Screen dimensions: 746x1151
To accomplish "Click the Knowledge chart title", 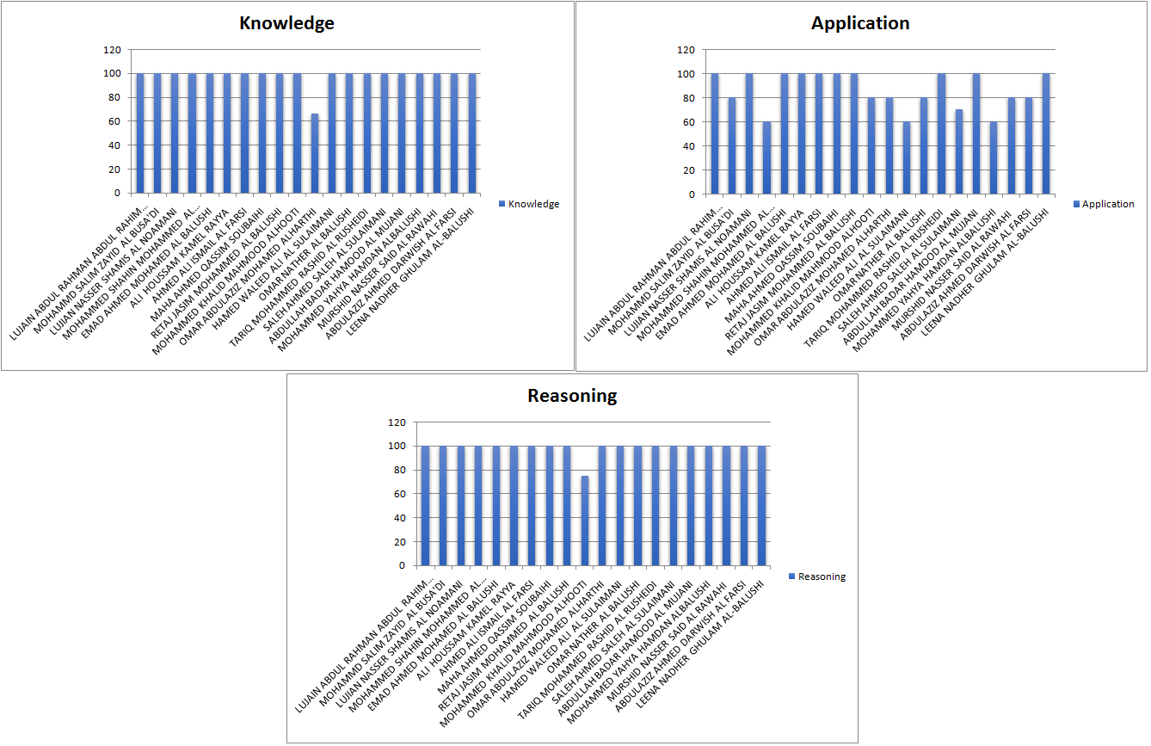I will pyautogui.click(x=286, y=23).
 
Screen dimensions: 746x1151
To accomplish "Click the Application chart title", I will pyautogui.click(x=860, y=23).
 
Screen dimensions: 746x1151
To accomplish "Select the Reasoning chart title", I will pyautogui.click(x=572, y=396).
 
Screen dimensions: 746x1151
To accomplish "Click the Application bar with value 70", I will pyautogui.click(x=959, y=151).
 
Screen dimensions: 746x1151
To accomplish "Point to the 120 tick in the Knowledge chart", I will pyautogui.click(x=111, y=50).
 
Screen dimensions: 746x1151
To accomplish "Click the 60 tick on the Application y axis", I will pyautogui.click(x=686, y=122).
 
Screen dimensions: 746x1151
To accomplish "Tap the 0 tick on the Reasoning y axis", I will pyautogui.click(x=401, y=566).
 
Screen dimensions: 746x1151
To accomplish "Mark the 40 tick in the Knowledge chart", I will pyautogui.click(x=113, y=146).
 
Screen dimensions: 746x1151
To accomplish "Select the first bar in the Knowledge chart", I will pyautogui.click(x=140, y=133).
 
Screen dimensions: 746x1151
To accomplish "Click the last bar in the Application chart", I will pyautogui.click(x=1046, y=133).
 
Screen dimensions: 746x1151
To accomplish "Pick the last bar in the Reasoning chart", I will pyautogui.click(x=762, y=506).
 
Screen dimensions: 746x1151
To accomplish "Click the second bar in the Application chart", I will pyautogui.click(x=732, y=145).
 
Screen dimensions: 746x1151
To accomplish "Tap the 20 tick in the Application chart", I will pyautogui.click(x=686, y=170).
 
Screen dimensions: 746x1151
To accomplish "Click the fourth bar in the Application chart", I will pyautogui.click(x=766, y=157).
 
